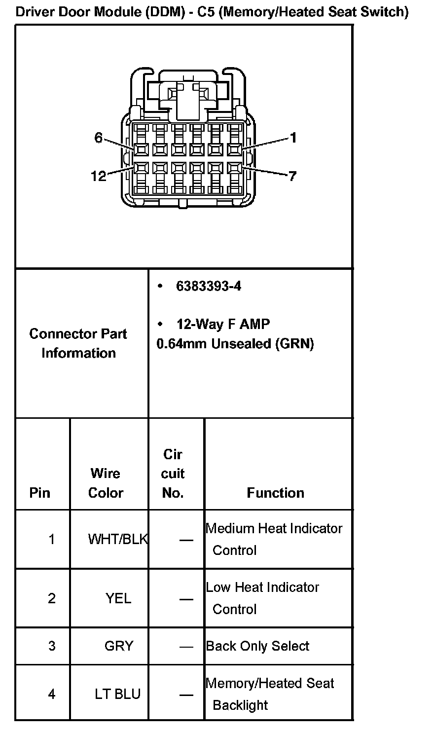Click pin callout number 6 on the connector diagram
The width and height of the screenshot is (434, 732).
pos(99,138)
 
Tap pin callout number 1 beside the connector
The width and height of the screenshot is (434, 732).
pos(293,138)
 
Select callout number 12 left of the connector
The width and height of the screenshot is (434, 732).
pos(99,176)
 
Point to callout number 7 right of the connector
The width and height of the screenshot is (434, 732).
pos(292,176)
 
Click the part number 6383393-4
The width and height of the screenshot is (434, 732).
pos(209,287)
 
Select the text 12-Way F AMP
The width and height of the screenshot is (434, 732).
pos(223,324)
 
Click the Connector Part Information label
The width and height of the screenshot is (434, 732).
pos(78,343)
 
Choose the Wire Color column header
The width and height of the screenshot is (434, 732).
pos(106,483)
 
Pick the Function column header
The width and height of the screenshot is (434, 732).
pos(276,493)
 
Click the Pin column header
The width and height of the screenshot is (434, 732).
pos(40,493)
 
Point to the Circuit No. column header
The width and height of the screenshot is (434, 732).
pos(173,474)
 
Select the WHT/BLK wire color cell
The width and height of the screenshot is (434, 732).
pos(117,539)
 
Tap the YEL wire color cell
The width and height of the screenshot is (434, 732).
pos(118,598)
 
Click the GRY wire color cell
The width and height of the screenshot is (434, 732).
pos(119,646)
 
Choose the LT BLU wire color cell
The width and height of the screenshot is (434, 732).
pos(118,694)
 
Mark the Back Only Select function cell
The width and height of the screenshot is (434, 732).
pos(257,646)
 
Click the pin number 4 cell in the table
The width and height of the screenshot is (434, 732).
pos(52,694)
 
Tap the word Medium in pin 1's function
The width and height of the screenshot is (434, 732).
pos(228,528)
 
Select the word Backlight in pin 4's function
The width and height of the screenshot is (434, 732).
pos(240,705)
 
